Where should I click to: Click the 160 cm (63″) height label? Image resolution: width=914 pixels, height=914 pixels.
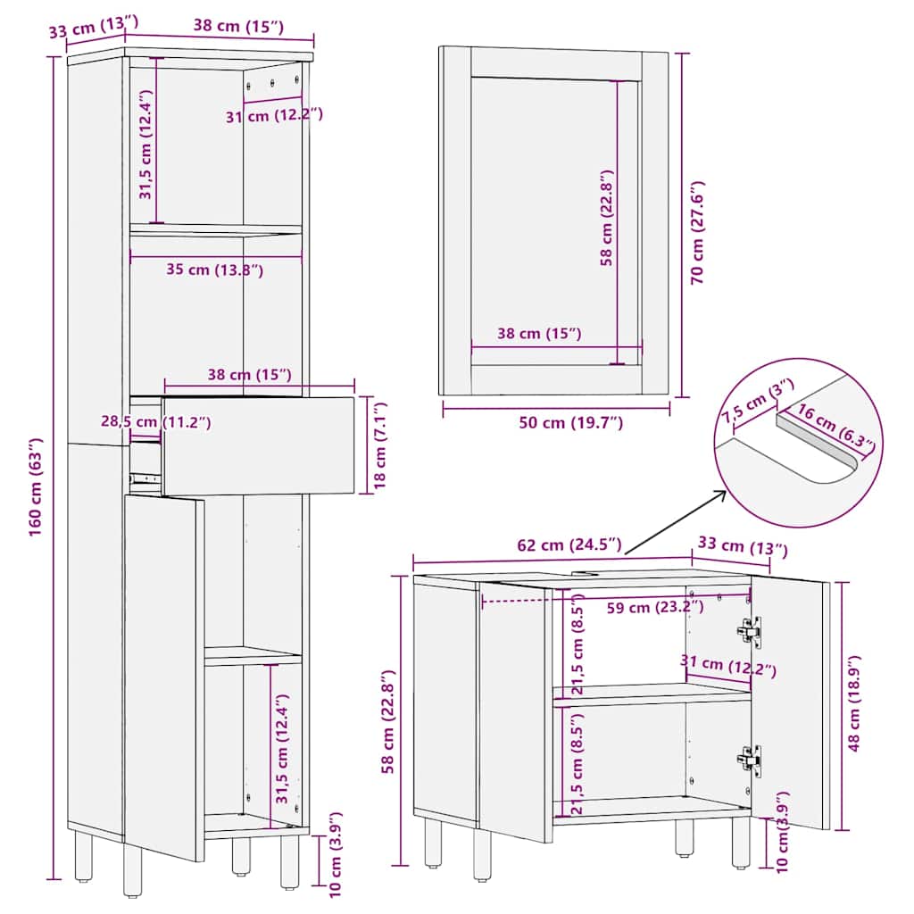pyautogui.click(x=36, y=486)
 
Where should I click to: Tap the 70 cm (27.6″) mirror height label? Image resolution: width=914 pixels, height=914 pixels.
pyautogui.click(x=697, y=233)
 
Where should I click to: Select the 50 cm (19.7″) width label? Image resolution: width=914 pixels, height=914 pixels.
pyautogui.click(x=570, y=422)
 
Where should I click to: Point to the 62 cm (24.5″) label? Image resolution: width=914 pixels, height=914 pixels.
pyautogui.click(x=569, y=544)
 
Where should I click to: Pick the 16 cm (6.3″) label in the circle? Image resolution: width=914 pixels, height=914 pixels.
pyautogui.click(x=835, y=427)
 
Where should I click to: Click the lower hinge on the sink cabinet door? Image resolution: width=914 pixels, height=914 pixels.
pyautogui.click(x=750, y=760)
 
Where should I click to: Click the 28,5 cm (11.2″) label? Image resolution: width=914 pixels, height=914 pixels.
pyautogui.click(x=155, y=421)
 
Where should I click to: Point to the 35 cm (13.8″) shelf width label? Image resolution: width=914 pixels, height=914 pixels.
pyautogui.click(x=214, y=270)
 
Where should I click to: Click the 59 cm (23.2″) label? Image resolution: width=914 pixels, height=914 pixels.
pyautogui.click(x=654, y=607)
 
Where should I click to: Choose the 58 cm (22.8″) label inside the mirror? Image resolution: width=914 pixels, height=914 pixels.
pyautogui.click(x=607, y=218)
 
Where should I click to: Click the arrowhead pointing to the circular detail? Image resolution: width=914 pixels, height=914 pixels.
pyautogui.click(x=720, y=494)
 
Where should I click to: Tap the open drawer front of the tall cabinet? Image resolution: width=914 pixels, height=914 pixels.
pyautogui.click(x=259, y=445)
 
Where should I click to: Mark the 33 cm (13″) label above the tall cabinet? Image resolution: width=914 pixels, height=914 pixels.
pyautogui.click(x=93, y=26)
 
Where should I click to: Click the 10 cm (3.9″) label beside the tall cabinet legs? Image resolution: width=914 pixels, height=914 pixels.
pyautogui.click(x=335, y=854)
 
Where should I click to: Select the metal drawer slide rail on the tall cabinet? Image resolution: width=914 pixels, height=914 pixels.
pyautogui.click(x=144, y=478)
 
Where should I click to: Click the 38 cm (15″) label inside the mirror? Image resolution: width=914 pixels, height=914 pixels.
pyautogui.click(x=539, y=334)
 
